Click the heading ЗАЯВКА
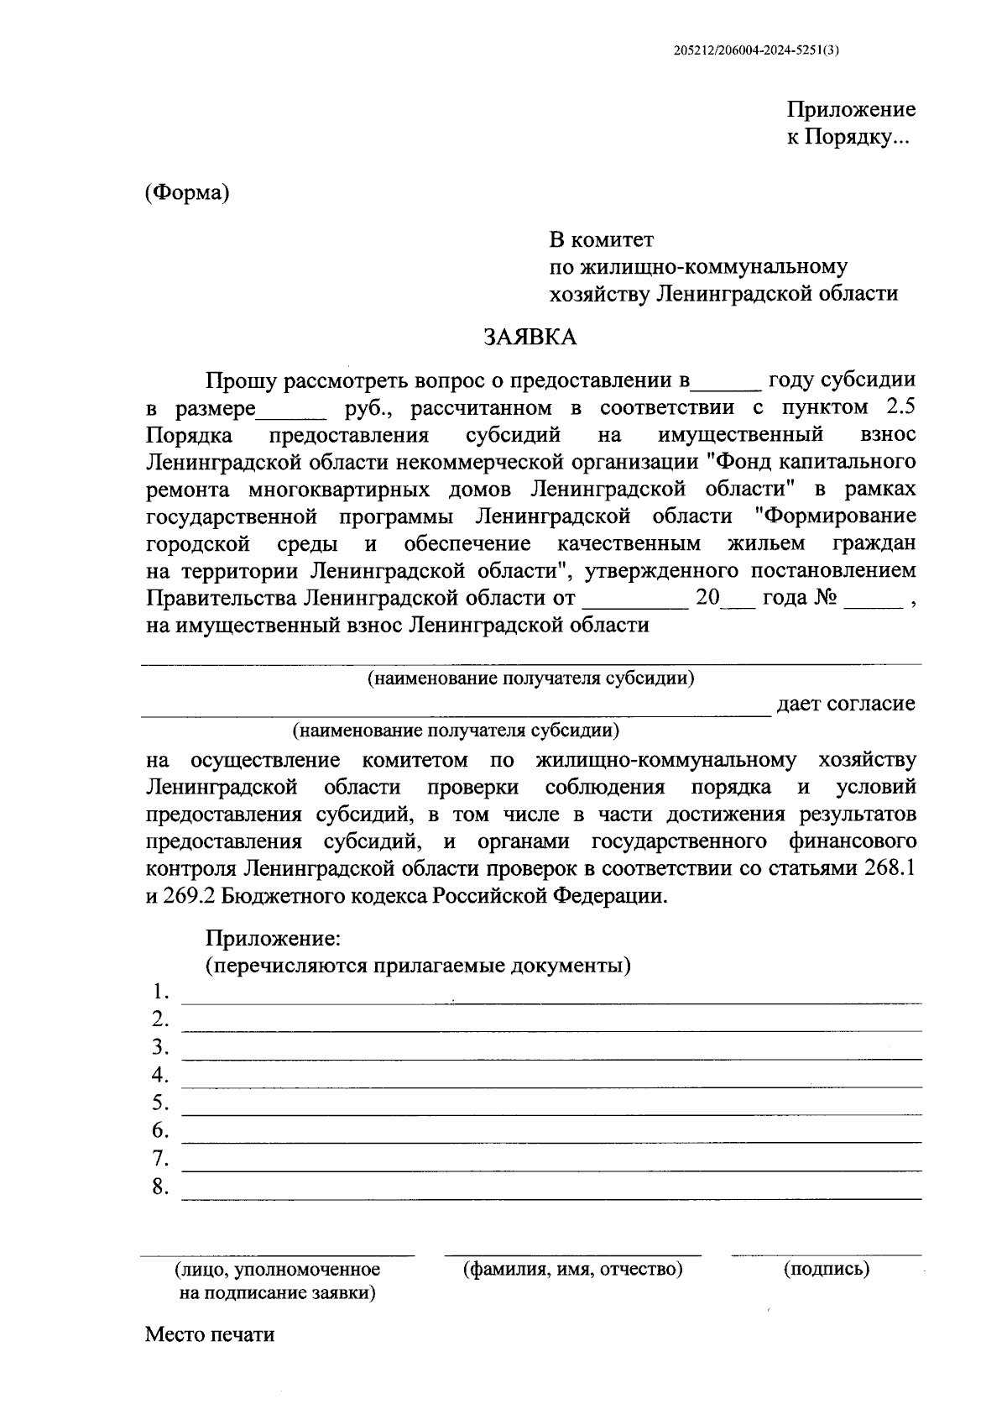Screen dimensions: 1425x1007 tap(530, 338)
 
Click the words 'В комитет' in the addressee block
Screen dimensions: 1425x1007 tap(601, 240)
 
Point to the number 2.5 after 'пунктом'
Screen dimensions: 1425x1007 tap(900, 408)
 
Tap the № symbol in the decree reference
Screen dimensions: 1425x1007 tap(824, 599)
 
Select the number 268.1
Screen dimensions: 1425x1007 tap(890, 869)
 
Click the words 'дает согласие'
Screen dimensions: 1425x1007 tap(846, 704)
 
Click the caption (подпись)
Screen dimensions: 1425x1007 tap(827, 1269)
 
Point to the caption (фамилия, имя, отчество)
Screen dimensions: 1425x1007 tap(573, 1269)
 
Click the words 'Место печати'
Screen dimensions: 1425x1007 tap(210, 1334)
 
